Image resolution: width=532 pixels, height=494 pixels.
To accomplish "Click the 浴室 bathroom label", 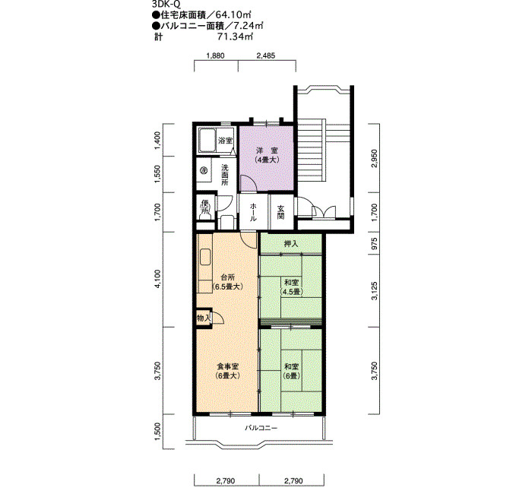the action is click(225, 141).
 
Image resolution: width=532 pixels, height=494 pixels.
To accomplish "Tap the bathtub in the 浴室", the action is click(207, 140).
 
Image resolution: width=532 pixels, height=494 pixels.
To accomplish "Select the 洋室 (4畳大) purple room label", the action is click(267, 155).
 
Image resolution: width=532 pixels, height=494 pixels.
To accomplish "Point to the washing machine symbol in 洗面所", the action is click(204, 170).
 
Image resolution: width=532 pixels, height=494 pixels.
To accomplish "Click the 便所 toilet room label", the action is click(204, 207).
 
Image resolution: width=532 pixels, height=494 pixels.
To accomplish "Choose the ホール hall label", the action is click(253, 212).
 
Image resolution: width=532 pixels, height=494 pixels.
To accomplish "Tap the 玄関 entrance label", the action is click(280, 212).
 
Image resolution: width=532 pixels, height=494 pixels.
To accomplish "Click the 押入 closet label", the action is click(291, 244).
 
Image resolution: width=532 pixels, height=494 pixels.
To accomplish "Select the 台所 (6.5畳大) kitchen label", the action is click(227, 282).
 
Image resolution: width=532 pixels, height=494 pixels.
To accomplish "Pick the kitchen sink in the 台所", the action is click(205, 258).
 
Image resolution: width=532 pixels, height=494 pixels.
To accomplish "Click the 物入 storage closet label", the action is click(204, 318).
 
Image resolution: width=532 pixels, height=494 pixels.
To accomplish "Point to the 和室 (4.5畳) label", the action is click(291, 287).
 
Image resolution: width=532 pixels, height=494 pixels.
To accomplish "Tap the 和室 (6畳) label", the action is click(291, 371).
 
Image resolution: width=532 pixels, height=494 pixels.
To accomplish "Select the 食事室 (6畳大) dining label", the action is click(228, 371).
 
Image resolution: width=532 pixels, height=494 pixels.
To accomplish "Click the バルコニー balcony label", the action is click(261, 428).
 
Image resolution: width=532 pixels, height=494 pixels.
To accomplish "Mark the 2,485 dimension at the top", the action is click(266, 56).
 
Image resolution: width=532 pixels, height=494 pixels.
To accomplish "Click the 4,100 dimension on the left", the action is click(157, 280).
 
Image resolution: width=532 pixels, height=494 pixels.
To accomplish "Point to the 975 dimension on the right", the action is click(374, 243).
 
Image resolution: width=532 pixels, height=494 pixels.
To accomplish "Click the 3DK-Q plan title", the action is click(166, 5).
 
